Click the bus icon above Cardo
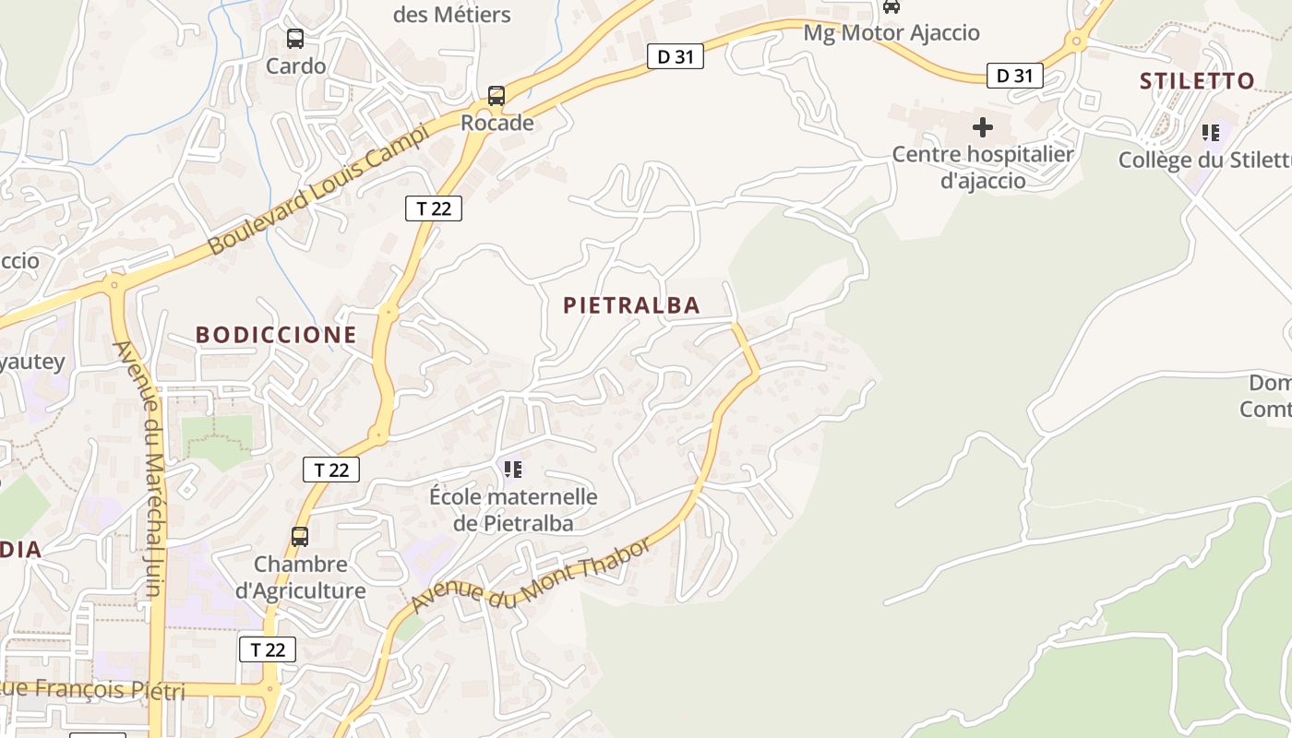tap(295, 39)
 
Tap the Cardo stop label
tap(295, 66)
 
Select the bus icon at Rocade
tap(496, 96)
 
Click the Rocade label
tap(497, 123)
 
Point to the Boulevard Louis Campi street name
tap(318, 189)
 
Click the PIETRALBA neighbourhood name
tap(632, 305)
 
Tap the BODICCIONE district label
tap(276, 335)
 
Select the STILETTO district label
tap(1197, 81)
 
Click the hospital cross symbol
tap(983, 126)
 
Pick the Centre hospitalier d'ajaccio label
tap(983, 167)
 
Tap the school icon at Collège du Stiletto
tap(1211, 133)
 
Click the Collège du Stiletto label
tap(1204, 160)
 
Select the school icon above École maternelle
tap(513, 470)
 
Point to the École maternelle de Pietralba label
tap(513, 510)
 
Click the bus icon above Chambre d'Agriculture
tap(300, 537)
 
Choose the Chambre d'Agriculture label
tap(301, 577)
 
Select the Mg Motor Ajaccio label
tap(891, 33)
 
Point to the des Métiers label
tap(452, 15)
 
